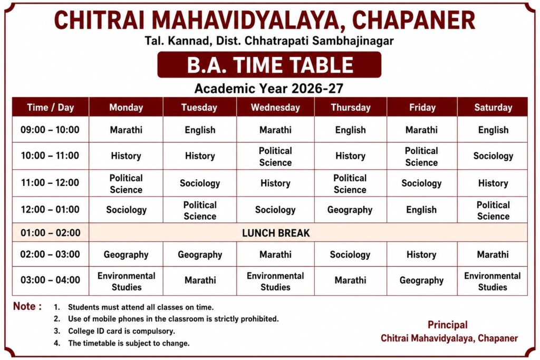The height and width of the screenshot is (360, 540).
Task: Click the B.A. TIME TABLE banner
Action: tap(269, 65)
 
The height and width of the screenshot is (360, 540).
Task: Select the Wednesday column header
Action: tap(275, 108)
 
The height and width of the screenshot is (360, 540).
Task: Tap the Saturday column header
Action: tap(493, 108)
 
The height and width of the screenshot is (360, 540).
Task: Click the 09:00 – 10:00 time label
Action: tap(50, 130)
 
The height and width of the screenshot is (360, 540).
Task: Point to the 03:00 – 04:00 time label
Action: tap(50, 280)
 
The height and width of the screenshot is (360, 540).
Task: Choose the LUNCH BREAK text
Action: tap(276, 233)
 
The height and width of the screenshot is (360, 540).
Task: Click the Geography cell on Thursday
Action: tap(350, 210)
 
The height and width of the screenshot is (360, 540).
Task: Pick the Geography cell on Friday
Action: tap(421, 280)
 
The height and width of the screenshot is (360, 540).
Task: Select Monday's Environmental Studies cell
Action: tap(127, 281)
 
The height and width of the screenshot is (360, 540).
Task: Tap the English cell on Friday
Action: tap(421, 210)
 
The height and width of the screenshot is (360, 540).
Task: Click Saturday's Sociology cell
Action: tap(493, 156)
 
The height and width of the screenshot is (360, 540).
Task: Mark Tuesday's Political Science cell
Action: tap(200, 211)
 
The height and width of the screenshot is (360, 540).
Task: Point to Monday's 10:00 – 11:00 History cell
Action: tap(126, 156)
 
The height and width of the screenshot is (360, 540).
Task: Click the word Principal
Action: tap(447, 325)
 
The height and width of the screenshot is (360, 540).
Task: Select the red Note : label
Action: tap(27, 306)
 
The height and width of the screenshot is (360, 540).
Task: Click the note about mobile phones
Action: tap(173, 319)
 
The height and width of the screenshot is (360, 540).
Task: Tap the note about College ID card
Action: tap(122, 331)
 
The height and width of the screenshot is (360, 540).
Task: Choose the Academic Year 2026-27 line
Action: tap(269, 89)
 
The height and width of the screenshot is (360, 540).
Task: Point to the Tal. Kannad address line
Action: tap(269, 41)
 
